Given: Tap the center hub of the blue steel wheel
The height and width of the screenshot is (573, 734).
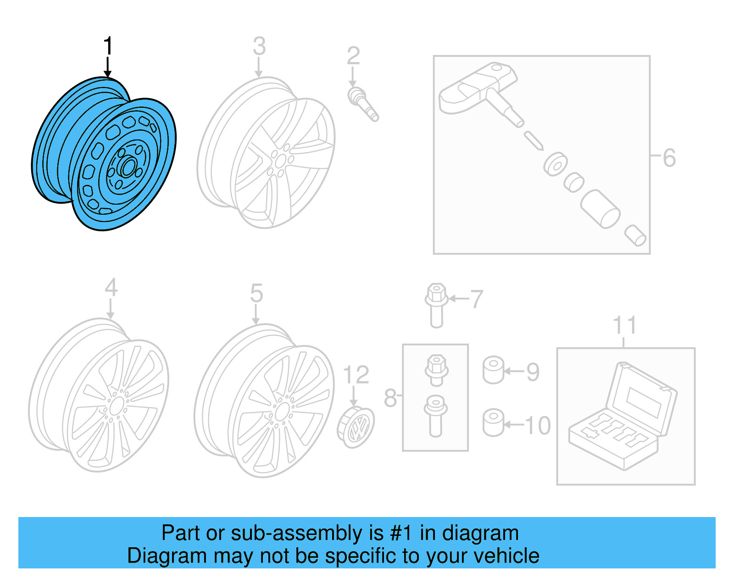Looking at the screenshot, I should tap(128, 167).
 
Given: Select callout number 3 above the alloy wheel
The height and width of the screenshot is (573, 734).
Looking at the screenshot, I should tap(259, 46).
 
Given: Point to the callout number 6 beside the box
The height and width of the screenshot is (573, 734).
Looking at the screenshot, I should tap(669, 158).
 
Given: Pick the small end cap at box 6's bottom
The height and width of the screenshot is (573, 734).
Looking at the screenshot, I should tap(635, 235).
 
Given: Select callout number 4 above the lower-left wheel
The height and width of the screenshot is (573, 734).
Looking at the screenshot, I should tap(111, 288).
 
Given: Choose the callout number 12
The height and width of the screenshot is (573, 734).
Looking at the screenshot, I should tap(356, 375).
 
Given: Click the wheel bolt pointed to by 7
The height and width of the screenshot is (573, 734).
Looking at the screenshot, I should tap(436, 305).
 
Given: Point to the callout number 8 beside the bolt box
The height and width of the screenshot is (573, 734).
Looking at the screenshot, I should tap(390, 398).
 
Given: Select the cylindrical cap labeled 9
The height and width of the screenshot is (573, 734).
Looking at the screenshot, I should tap(493, 370).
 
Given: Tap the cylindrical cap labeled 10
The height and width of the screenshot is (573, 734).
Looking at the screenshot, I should tap(493, 423).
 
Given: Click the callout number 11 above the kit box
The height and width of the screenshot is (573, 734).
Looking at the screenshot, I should tap(624, 325).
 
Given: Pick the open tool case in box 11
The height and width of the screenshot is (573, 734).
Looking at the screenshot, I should tap(623, 417).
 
